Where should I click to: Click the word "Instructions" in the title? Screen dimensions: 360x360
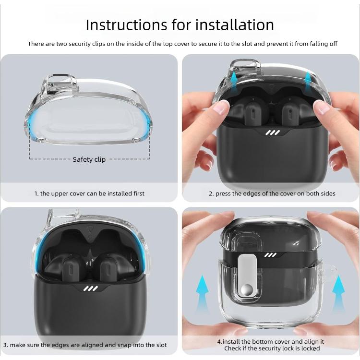tap(127, 24)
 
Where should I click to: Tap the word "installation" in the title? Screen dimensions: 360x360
tap(235, 24)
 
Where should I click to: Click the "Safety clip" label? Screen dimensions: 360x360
tap(89, 159)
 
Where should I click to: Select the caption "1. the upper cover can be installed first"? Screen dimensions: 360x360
tap(89, 193)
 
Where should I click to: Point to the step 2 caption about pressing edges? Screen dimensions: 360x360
tap(272, 193)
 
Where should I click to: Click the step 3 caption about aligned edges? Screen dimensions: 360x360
tap(85, 345)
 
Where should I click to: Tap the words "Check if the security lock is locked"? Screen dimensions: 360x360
tap(272, 348)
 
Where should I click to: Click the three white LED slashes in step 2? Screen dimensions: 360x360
tap(273, 132)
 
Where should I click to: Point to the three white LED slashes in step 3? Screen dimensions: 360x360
tap(91, 288)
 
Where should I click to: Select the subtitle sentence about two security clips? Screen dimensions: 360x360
tap(182, 44)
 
